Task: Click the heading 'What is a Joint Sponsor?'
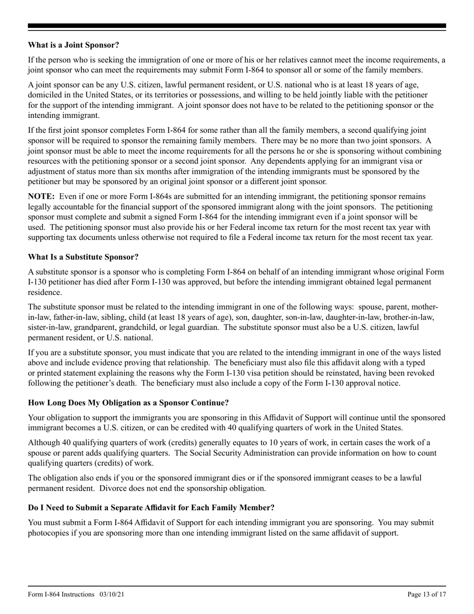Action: point(73,45)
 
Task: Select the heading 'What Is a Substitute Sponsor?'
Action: point(83,257)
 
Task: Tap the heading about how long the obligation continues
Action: point(128,403)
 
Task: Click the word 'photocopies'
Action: point(48,533)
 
